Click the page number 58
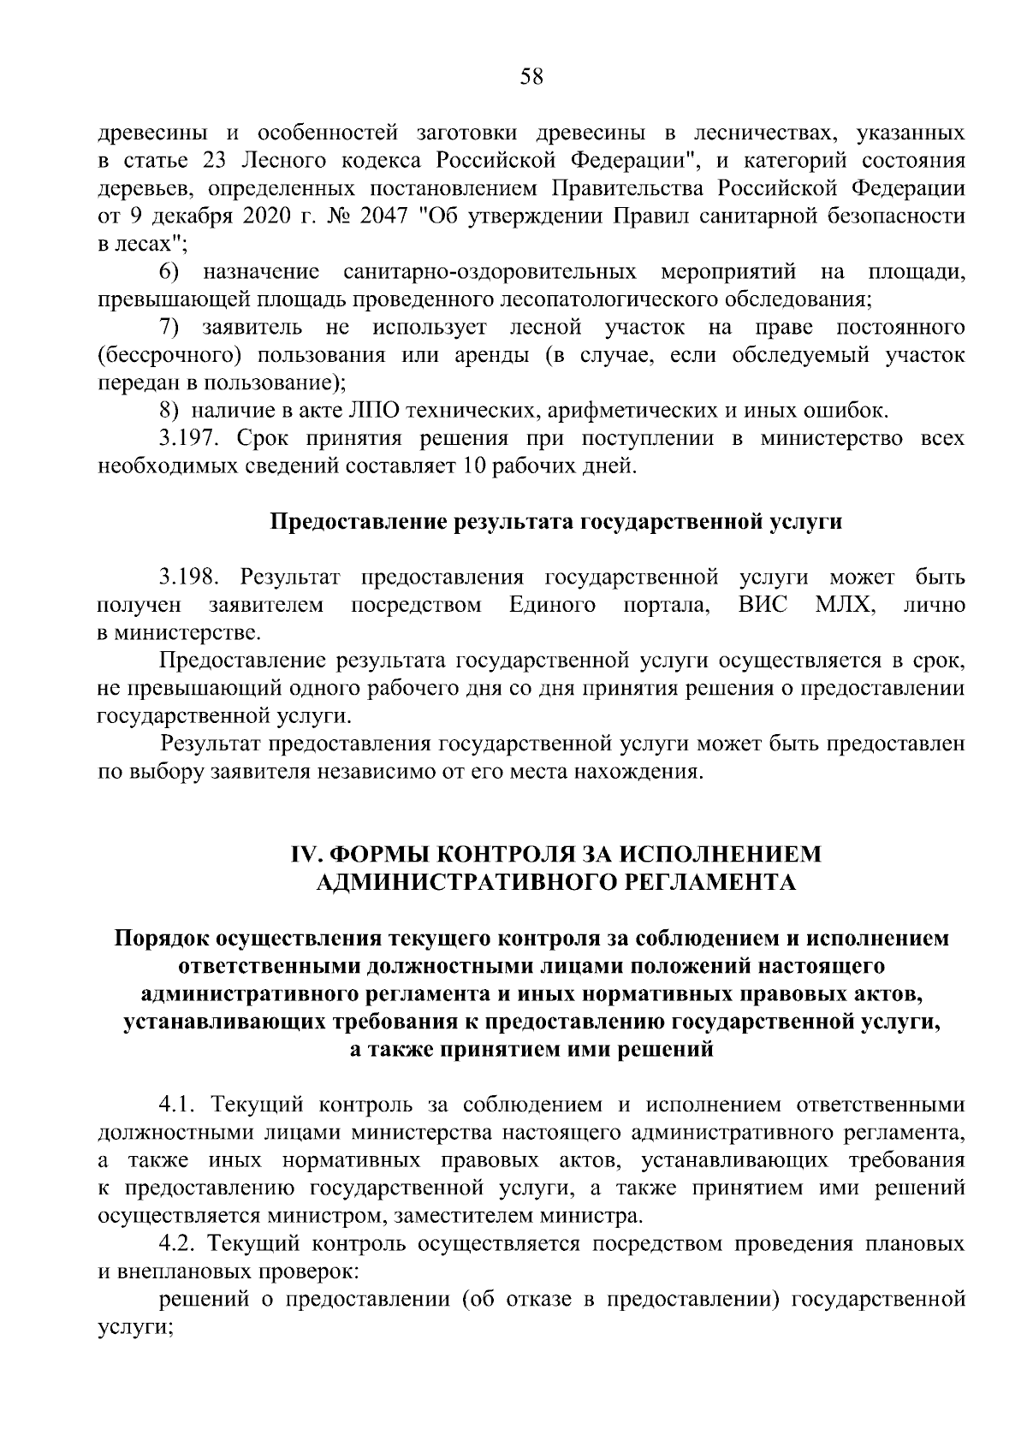pos(531,77)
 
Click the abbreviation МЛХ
pos(845,605)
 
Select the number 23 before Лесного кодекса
pos(214,161)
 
